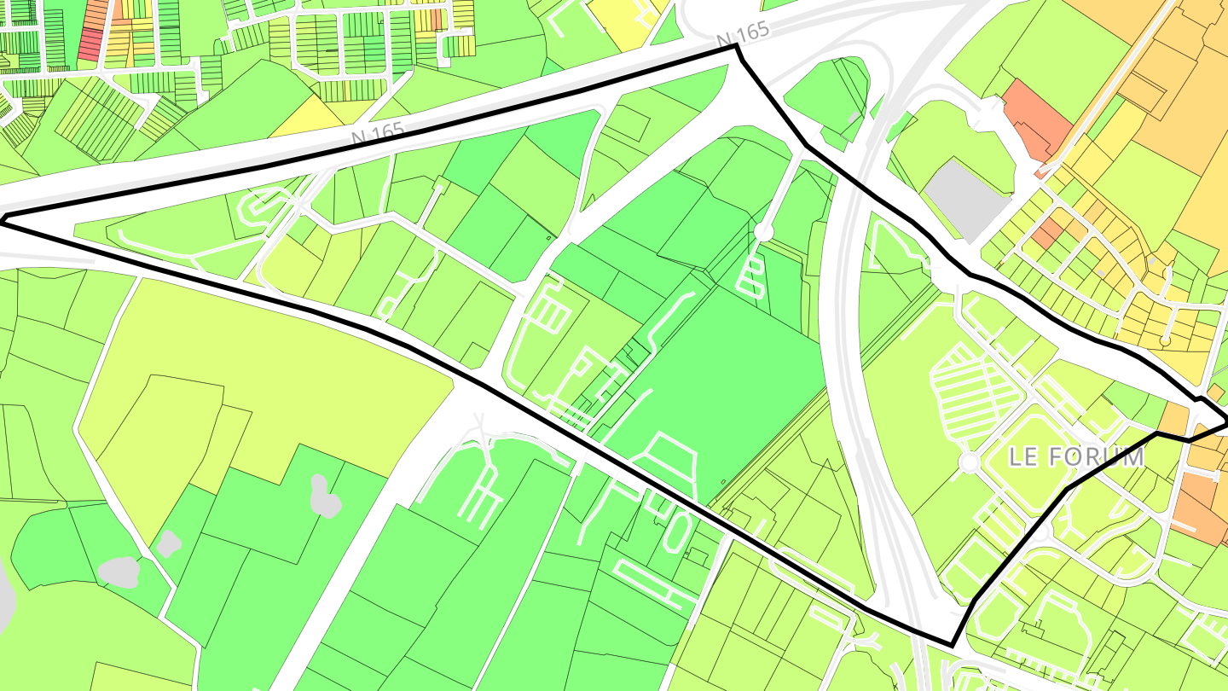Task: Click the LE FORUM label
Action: [1075, 456]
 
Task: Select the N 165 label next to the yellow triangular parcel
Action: [378, 135]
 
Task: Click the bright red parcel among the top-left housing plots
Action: [90, 44]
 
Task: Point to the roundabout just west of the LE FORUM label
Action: [970, 462]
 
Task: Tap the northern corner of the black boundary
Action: [736, 47]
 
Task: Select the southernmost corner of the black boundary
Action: [951, 644]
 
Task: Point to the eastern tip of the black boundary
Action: [1225, 420]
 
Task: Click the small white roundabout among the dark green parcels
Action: [763, 231]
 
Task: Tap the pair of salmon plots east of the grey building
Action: [1048, 231]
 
